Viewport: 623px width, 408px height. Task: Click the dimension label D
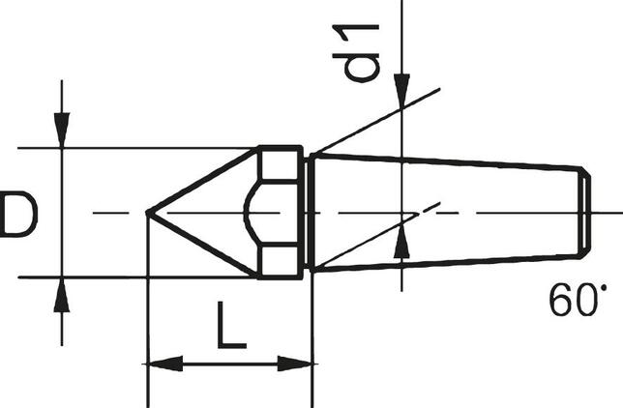click(x=18, y=215)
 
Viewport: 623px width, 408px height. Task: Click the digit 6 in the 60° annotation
click(x=560, y=301)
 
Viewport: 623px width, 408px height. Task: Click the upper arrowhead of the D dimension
click(x=62, y=131)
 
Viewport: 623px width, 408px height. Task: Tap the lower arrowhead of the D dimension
click(x=62, y=294)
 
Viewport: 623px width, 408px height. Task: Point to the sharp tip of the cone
click(x=148, y=212)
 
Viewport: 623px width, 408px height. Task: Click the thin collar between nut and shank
click(x=308, y=212)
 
